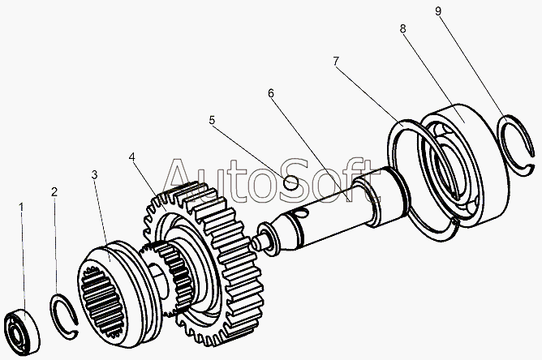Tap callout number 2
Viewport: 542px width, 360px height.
(54, 192)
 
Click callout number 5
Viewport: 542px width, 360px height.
(212, 121)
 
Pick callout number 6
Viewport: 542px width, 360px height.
(271, 93)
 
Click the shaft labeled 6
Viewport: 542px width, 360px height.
(341, 207)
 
